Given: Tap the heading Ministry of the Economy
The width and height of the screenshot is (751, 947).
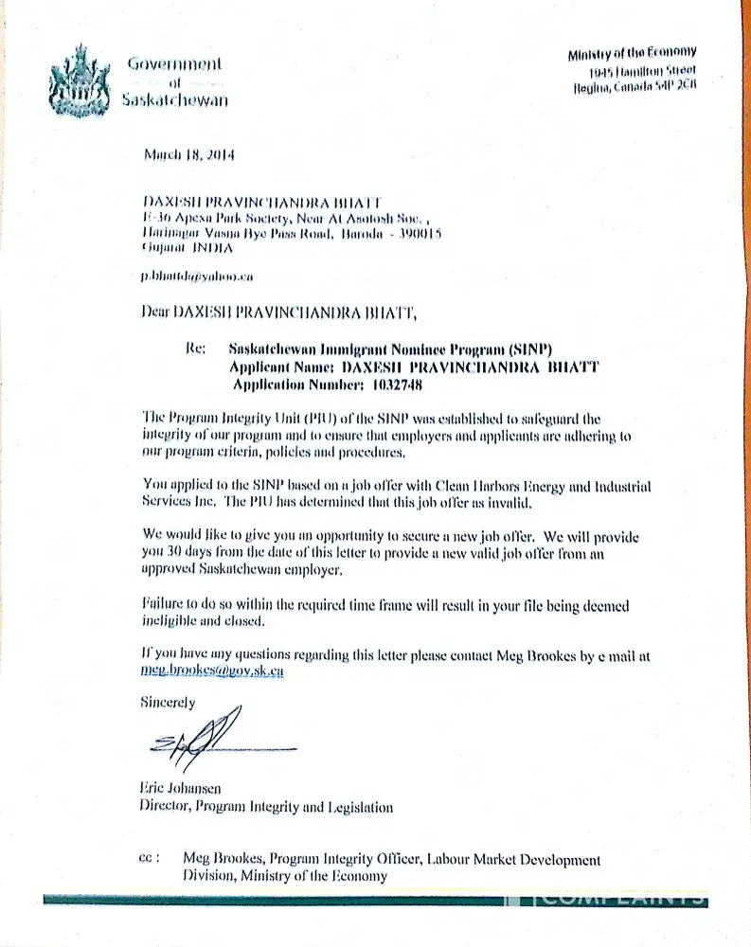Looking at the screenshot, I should pyautogui.click(x=632, y=53).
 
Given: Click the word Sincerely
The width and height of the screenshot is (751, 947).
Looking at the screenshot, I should pyautogui.click(x=168, y=703).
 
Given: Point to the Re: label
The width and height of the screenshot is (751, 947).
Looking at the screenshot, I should pyautogui.click(x=196, y=348).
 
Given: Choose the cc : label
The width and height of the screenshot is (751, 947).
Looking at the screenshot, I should pyautogui.click(x=149, y=859).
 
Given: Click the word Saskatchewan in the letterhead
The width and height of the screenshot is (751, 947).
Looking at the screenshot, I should pyautogui.click(x=175, y=100).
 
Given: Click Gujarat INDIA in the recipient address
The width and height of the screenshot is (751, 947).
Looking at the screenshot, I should pyautogui.click(x=186, y=247).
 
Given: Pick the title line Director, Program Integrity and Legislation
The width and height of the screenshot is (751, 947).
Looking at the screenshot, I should pyautogui.click(x=266, y=808).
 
